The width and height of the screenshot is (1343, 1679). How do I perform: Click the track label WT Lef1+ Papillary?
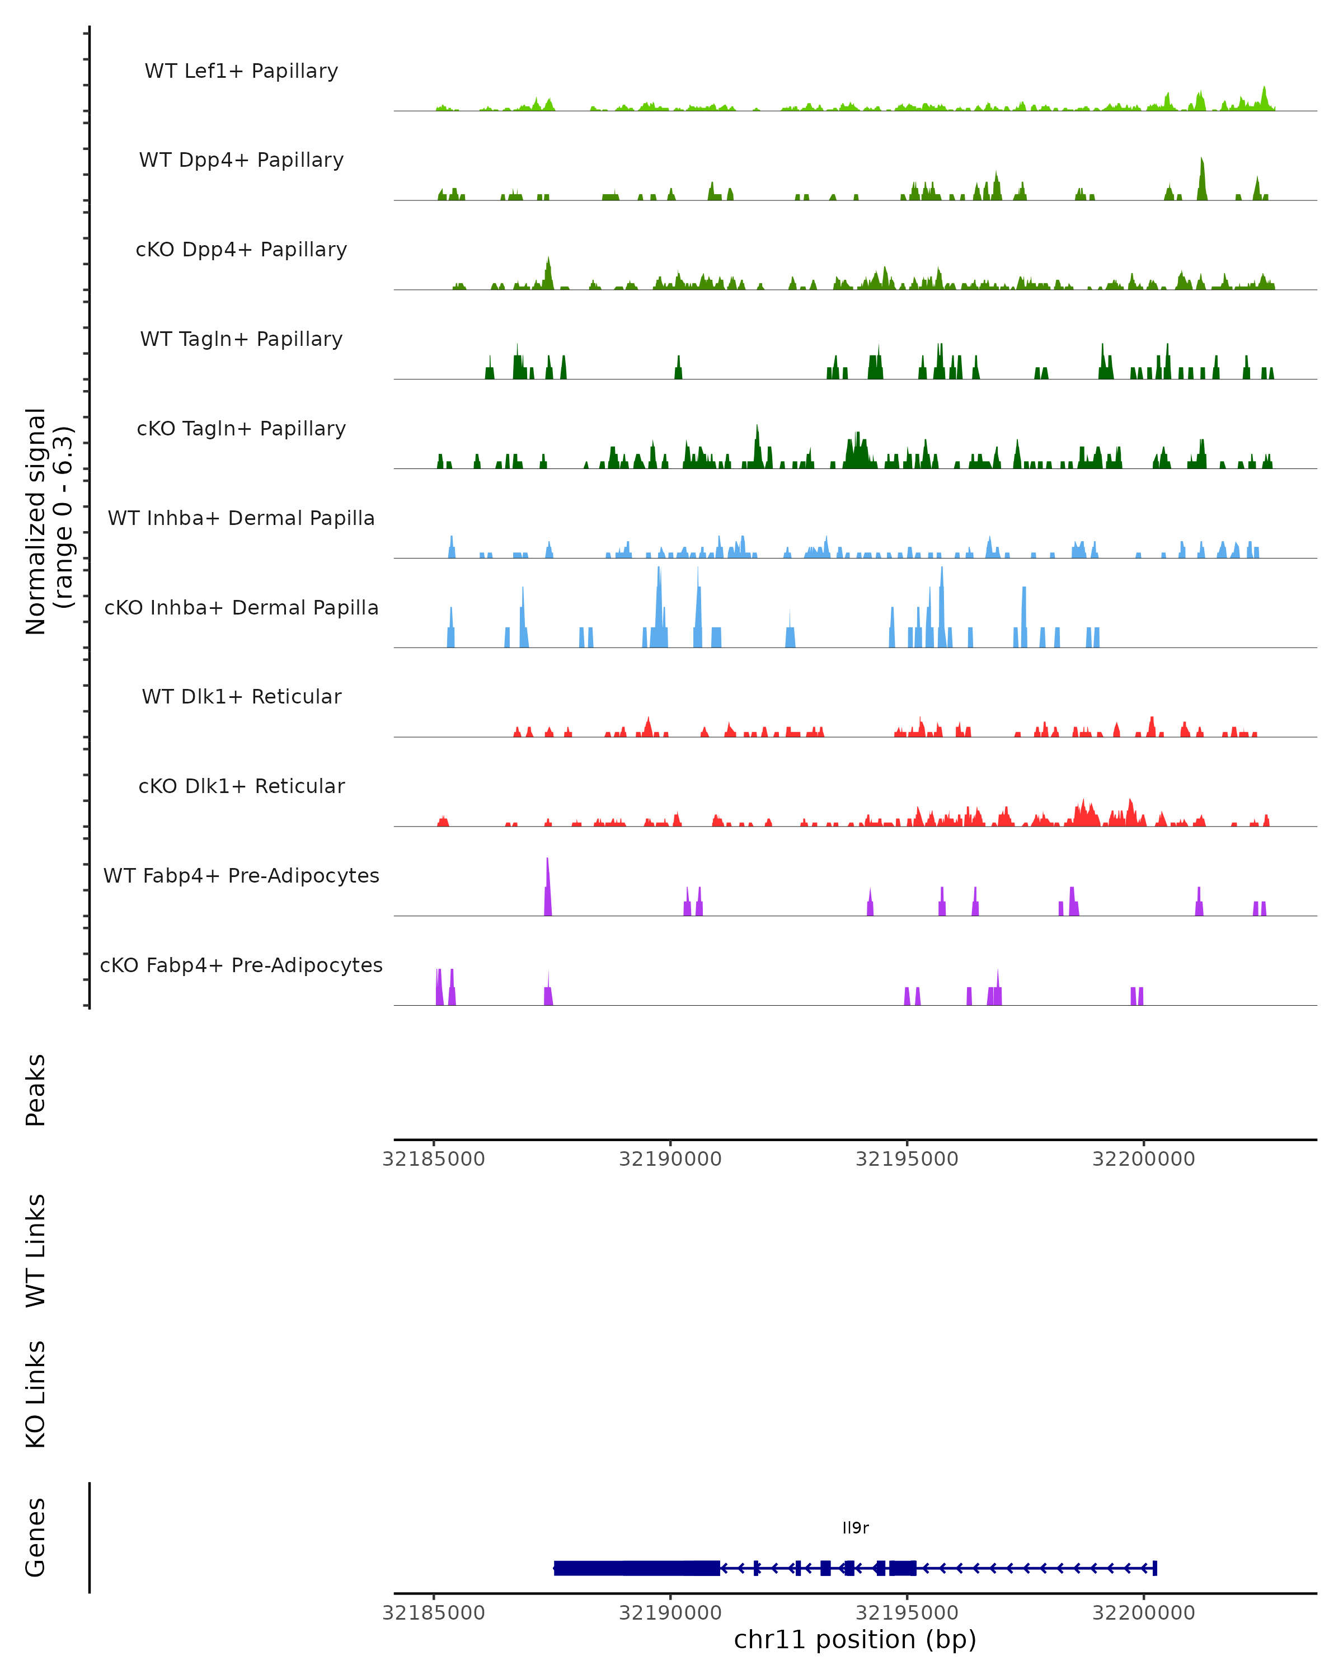(x=241, y=71)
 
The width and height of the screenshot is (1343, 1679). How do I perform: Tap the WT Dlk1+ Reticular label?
(x=241, y=696)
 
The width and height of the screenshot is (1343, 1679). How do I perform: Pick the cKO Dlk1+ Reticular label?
(x=241, y=786)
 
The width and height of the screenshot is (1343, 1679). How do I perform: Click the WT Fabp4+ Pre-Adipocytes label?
(x=241, y=875)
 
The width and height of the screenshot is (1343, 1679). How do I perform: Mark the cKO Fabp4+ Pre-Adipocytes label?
(x=241, y=965)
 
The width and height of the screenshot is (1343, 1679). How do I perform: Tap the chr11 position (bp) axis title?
(x=855, y=1640)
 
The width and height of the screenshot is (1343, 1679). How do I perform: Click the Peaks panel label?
(x=36, y=1090)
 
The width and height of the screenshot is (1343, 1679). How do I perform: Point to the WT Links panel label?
(x=36, y=1249)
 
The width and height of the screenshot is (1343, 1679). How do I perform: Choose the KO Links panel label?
(x=36, y=1394)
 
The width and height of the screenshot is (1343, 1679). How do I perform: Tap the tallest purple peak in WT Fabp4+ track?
(x=548, y=888)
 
